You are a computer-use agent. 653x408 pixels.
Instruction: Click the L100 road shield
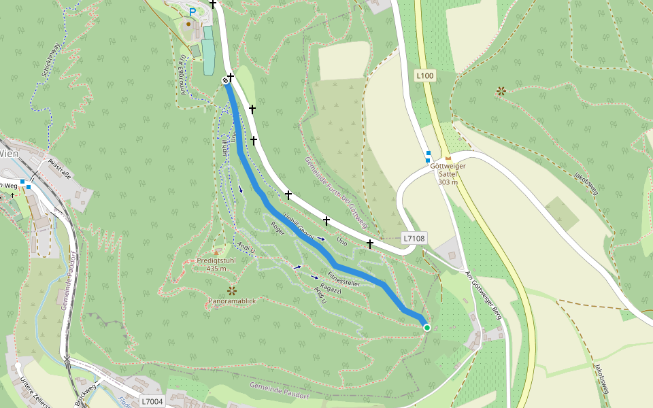pyautogui.click(x=425, y=75)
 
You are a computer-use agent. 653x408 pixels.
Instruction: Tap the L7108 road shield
pyautogui.click(x=414, y=239)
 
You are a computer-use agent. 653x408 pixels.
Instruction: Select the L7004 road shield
pyautogui.click(x=152, y=401)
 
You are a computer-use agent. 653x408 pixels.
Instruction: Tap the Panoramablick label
pyautogui.click(x=232, y=300)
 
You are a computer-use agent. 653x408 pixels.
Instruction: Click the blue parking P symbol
pyautogui.click(x=192, y=12)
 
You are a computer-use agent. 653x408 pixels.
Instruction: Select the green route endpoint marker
pyautogui.click(x=427, y=328)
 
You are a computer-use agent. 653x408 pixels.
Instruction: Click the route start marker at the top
pyautogui.click(x=225, y=81)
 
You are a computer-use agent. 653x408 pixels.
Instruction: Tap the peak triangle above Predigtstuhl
pyautogui.click(x=216, y=252)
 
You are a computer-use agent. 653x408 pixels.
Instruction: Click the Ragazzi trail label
pyautogui.click(x=330, y=289)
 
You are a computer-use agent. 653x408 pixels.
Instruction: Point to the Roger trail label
pyautogui.click(x=277, y=228)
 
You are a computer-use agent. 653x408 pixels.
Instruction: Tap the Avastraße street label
pyautogui.click(x=61, y=167)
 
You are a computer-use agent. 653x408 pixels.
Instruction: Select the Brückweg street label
pyautogui.click(x=86, y=394)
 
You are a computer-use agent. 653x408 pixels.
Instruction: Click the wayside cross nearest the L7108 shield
pyautogui.click(x=370, y=243)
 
